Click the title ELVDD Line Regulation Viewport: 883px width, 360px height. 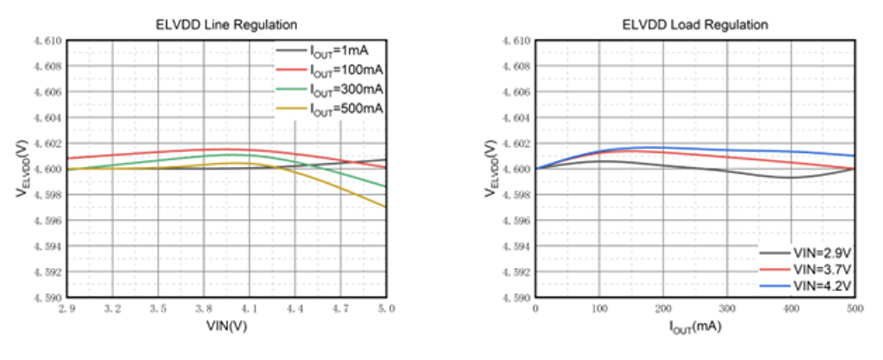[227, 25]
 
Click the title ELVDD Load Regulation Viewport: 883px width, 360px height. [695, 25]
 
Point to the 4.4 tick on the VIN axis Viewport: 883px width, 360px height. [295, 309]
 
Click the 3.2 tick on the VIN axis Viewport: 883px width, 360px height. [113, 309]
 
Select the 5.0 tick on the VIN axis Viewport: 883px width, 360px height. [386, 309]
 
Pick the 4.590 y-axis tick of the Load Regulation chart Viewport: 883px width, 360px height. [516, 298]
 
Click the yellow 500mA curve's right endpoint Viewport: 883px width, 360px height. [386, 206]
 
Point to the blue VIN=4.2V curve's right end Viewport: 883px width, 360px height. [854, 156]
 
